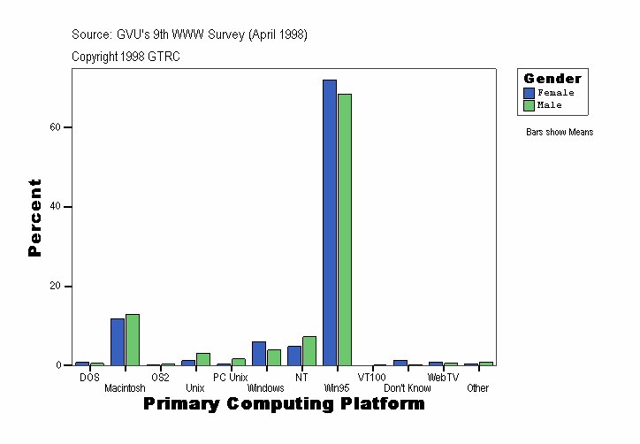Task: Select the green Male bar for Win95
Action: pyautogui.click(x=345, y=230)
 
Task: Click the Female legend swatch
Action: pyautogui.click(x=529, y=93)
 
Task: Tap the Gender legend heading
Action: pyautogui.click(x=552, y=79)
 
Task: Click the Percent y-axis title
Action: pyautogui.click(x=34, y=218)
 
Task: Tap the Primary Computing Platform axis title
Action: pyautogui.click(x=284, y=404)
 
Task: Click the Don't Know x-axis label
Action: pyautogui.click(x=408, y=388)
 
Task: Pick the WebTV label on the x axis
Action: pyautogui.click(x=443, y=378)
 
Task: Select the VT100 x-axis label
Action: pyautogui.click(x=372, y=378)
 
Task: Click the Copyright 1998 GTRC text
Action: pyautogui.click(x=126, y=56)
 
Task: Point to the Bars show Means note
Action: pyautogui.click(x=560, y=133)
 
